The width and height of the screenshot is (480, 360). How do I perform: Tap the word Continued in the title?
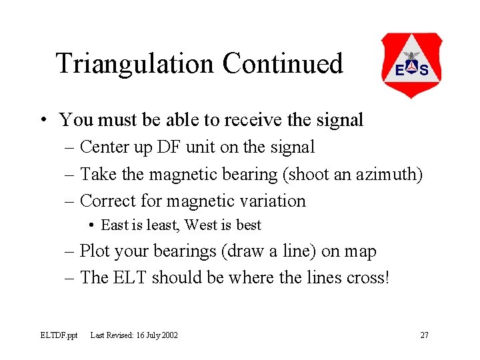click(x=283, y=63)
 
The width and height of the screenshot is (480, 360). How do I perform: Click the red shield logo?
click(x=411, y=65)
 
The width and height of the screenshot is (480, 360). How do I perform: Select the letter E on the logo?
click(x=400, y=71)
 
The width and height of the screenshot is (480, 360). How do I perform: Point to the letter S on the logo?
click(x=424, y=71)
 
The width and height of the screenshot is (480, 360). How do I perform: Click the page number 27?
click(x=424, y=335)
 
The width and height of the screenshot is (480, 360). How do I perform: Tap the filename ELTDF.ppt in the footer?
click(x=59, y=335)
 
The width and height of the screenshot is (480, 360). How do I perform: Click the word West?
click(x=201, y=225)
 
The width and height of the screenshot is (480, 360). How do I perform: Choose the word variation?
click(x=270, y=201)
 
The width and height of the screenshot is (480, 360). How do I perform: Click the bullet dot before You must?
click(x=42, y=121)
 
